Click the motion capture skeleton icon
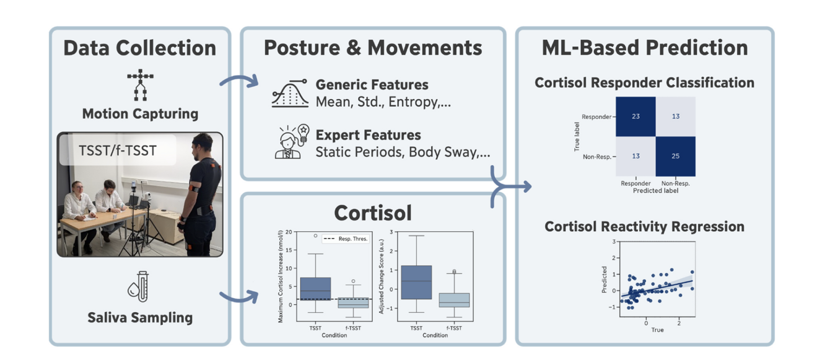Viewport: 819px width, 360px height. click(140, 85)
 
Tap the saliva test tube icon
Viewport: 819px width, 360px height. click(139, 286)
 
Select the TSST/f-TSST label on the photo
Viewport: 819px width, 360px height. click(118, 151)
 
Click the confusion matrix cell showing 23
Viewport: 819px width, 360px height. click(636, 116)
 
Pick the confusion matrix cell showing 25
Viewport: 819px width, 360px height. click(675, 156)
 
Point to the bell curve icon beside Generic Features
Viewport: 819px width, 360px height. click(290, 93)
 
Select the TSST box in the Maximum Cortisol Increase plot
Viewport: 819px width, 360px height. click(315, 289)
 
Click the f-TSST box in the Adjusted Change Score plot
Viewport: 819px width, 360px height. click(454, 300)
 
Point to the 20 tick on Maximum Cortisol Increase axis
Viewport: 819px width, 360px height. click(288, 232)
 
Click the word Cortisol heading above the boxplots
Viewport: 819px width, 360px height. click(373, 213)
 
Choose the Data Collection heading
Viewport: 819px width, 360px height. click(140, 48)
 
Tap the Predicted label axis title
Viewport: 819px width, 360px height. click(655, 191)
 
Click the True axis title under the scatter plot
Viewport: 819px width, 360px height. click(657, 330)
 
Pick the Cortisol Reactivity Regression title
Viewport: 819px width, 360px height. click(645, 227)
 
